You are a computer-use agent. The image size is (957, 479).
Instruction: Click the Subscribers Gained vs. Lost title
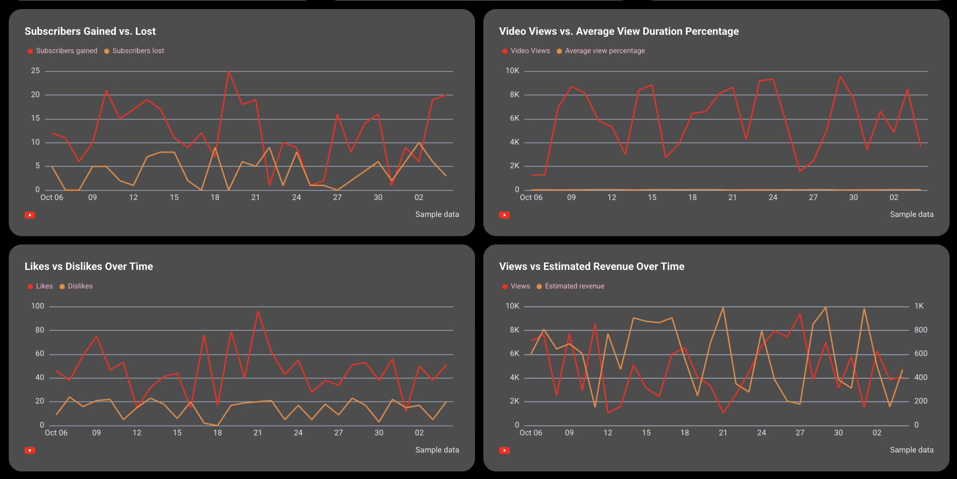90,31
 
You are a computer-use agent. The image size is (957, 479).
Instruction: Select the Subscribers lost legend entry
138,51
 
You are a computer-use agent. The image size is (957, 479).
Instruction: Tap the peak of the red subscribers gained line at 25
228,72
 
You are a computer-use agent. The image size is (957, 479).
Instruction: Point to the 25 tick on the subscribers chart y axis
36,71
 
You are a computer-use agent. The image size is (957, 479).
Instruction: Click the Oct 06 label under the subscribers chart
52,197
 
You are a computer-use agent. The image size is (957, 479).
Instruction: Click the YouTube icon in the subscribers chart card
30,215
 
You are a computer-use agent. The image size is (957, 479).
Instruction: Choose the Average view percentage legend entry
604,51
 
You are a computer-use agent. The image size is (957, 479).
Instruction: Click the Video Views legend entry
530,51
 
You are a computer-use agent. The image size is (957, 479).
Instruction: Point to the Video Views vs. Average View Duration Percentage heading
618,31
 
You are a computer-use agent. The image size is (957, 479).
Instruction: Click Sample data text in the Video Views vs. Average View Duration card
911,214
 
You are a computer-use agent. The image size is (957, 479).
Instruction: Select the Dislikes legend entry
80,286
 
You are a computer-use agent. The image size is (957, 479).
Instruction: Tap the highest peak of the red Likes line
258,312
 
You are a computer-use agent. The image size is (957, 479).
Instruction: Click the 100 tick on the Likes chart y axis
38,306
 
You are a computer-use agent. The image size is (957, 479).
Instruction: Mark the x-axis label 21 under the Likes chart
257,433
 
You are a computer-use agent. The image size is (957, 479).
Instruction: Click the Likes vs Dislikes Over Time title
89,267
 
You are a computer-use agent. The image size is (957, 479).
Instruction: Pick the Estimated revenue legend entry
574,286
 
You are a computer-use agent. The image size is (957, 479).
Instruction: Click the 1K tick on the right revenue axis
919,306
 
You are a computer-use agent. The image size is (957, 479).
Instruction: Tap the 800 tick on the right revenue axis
921,330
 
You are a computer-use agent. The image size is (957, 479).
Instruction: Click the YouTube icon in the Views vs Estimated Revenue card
504,450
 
